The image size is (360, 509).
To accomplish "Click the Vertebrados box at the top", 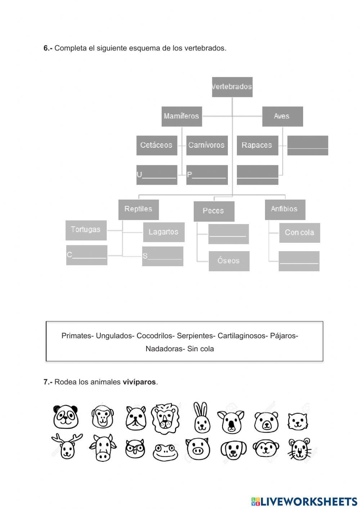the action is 232,87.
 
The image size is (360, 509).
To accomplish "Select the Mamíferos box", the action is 181,116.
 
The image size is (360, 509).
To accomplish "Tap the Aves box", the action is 282,116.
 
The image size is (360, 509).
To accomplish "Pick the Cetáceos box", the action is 157,145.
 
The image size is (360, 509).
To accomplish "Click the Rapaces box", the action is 257,145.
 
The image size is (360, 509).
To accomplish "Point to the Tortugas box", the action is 86,230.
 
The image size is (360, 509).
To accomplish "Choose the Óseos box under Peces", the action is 229,261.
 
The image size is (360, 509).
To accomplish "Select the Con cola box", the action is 300,233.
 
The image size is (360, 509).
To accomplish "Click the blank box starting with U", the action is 157,175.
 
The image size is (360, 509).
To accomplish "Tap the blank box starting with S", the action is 163,256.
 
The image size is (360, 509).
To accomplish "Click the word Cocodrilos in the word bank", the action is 154,336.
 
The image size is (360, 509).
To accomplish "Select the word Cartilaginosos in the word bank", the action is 243,336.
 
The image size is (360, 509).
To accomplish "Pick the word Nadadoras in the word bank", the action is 165,349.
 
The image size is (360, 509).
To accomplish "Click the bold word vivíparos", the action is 139,382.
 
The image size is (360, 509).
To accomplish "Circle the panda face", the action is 66,417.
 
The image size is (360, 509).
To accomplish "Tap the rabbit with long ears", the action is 202,418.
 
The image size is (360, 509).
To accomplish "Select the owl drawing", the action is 135,449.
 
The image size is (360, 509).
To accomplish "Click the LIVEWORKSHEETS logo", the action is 304,501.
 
